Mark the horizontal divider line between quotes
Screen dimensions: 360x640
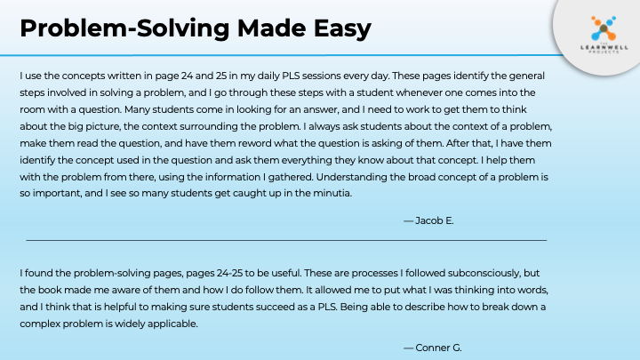tap(286, 240)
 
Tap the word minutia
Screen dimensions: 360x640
tap(333, 193)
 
